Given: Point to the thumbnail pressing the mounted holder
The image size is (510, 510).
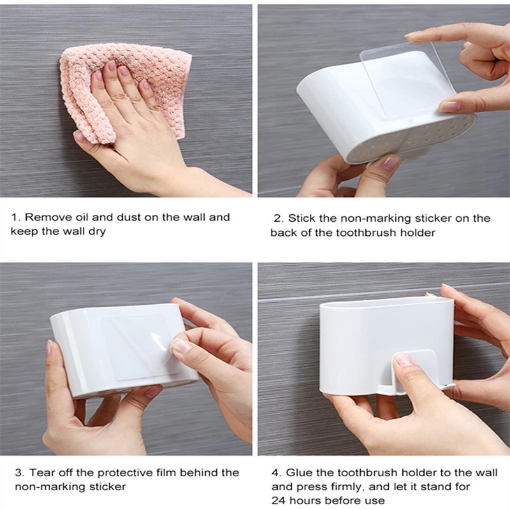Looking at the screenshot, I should point(403,360).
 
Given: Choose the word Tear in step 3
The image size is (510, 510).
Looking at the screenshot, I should point(37,472).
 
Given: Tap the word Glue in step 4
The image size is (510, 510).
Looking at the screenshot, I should point(298,472).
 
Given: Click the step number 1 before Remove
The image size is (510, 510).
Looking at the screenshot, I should point(14,217).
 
